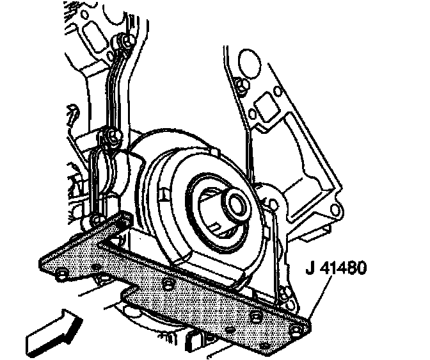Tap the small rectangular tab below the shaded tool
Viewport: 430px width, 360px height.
[194, 343]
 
